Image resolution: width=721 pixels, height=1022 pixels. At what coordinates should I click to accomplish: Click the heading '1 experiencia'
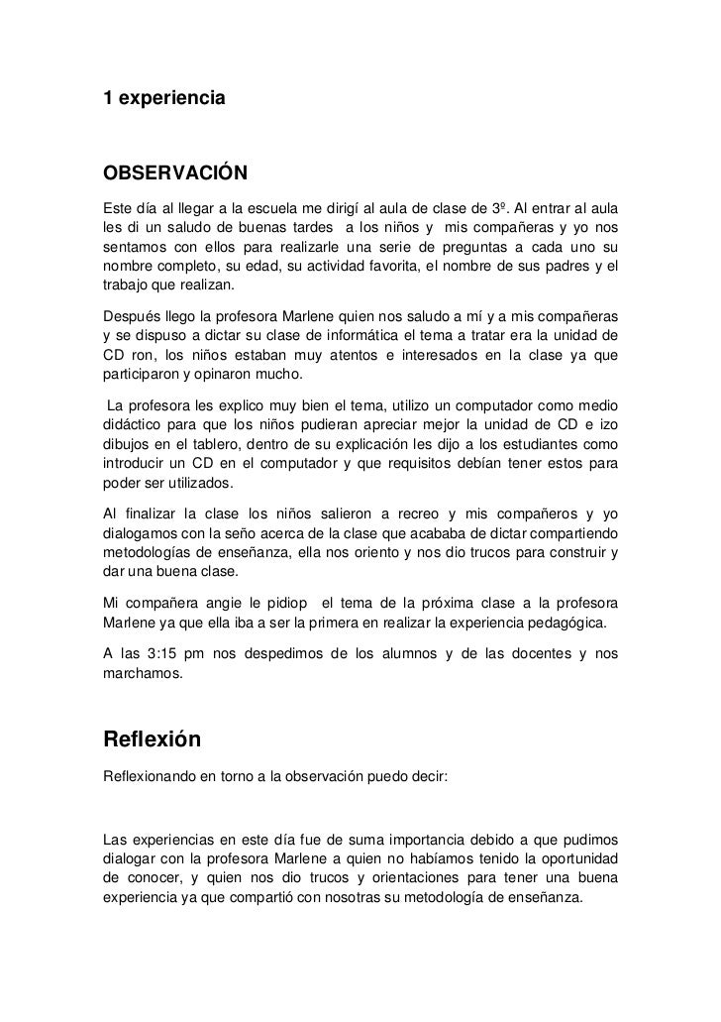(x=164, y=100)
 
